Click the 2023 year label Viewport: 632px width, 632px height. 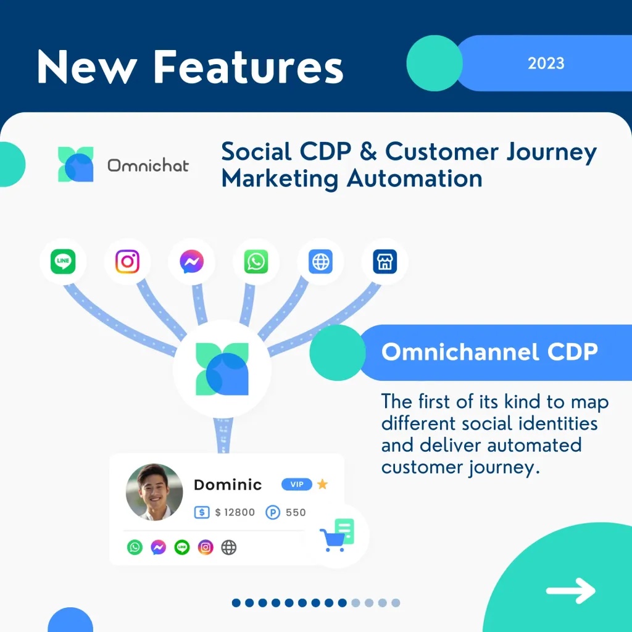(x=546, y=64)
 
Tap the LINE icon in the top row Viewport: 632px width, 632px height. (x=63, y=261)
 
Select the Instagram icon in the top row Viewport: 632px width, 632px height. (x=127, y=261)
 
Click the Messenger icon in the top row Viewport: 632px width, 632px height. (x=191, y=261)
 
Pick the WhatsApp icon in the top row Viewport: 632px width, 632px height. (x=256, y=261)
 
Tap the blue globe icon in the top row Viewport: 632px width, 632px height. (x=320, y=261)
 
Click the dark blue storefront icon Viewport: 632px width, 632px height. (x=385, y=261)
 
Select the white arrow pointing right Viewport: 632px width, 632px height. (x=570, y=591)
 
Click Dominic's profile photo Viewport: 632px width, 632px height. (x=154, y=492)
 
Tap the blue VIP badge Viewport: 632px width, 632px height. (x=297, y=484)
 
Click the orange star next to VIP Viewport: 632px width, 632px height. (x=322, y=484)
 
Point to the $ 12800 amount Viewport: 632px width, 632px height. (x=235, y=512)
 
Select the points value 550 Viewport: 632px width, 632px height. (x=296, y=512)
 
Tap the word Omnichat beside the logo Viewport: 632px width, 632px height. (x=148, y=165)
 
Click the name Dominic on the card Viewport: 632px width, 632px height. (x=228, y=484)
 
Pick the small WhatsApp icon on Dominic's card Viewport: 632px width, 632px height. (x=135, y=547)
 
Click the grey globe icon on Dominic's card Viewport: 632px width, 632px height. (x=229, y=547)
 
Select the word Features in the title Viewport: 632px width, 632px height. (x=248, y=67)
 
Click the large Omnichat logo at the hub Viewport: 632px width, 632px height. (x=222, y=369)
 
